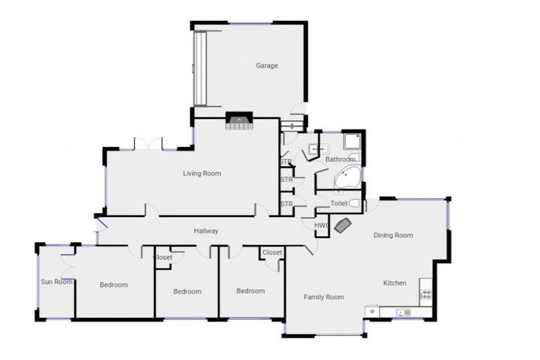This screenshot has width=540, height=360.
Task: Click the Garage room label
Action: point(266,65)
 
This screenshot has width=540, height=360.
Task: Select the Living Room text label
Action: point(202,173)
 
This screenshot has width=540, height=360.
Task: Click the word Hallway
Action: point(206,231)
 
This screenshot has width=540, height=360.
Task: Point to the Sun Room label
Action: point(56,282)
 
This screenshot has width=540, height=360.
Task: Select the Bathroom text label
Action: point(340,160)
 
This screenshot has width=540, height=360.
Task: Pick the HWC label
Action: point(321,225)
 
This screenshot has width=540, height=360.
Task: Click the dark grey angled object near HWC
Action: point(343,225)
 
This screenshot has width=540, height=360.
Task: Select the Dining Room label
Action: point(392,235)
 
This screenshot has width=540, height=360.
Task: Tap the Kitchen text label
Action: point(394,283)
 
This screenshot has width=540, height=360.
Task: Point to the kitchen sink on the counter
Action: point(404,312)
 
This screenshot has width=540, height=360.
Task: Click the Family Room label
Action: point(323,297)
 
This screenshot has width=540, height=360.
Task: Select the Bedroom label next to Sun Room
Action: point(113,285)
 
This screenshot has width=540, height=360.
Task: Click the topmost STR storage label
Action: point(285,162)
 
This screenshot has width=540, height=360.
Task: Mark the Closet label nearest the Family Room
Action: point(272,252)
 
